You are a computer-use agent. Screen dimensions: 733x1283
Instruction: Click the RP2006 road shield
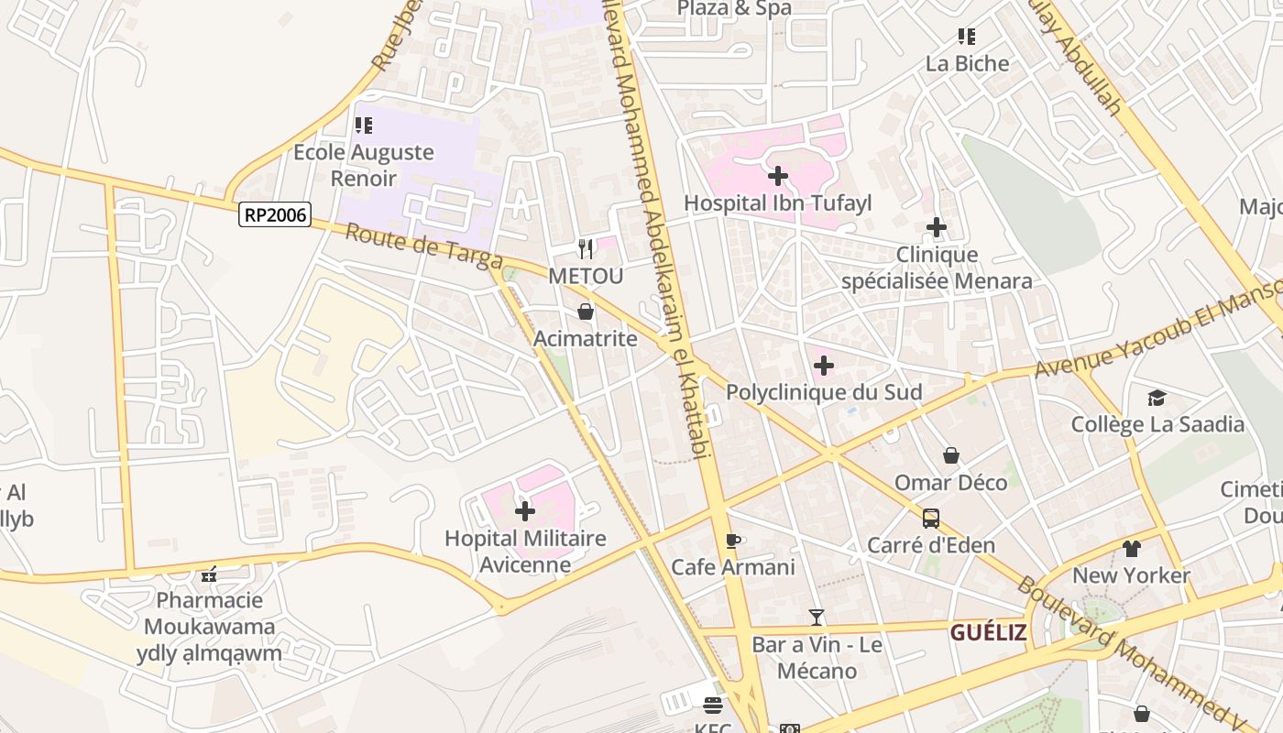tap(275, 215)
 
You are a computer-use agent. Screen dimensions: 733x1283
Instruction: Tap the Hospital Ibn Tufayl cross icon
tap(778, 175)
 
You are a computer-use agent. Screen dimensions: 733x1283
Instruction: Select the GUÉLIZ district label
tap(987, 632)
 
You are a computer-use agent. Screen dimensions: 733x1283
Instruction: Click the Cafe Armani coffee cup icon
tap(732, 541)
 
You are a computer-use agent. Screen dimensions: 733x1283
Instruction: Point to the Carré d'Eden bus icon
tap(931, 519)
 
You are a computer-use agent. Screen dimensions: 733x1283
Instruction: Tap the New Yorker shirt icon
tap(1131, 549)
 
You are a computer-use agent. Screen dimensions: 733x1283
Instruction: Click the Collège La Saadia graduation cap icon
tap(1157, 398)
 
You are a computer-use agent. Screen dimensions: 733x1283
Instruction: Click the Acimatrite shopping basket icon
tap(586, 312)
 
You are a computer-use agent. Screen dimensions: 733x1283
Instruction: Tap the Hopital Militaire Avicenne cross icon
tap(525, 511)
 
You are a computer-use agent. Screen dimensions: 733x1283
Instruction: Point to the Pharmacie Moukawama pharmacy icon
tap(209, 574)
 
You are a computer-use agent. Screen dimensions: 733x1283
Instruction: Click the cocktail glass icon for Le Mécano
tap(817, 618)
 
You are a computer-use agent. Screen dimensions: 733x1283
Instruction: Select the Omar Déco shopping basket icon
tap(951, 455)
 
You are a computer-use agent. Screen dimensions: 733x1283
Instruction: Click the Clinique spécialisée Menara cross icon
tap(937, 227)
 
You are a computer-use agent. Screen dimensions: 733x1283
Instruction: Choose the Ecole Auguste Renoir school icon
tap(364, 126)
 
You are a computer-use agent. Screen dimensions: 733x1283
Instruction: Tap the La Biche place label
tap(967, 63)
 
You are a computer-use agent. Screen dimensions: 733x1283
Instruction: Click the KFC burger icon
tap(713, 705)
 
